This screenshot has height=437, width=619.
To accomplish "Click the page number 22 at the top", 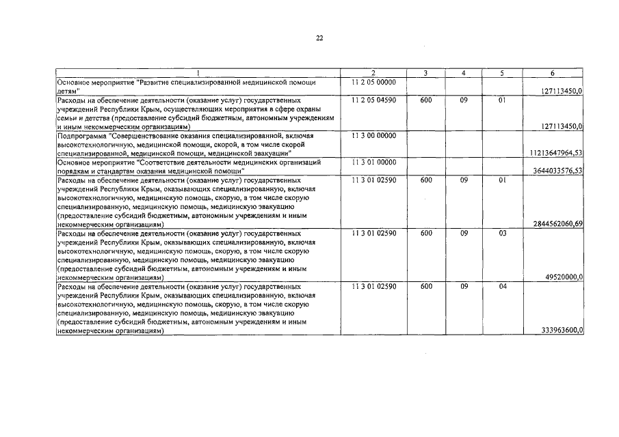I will [x=319, y=38].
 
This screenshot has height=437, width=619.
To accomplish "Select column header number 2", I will [x=373, y=73].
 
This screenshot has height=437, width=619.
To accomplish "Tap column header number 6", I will [x=552, y=73].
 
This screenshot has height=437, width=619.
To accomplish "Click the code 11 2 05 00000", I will [x=373, y=82].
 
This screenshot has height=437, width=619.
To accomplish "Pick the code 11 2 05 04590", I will [x=373, y=100].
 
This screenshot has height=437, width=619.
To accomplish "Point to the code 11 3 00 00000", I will [x=373, y=135].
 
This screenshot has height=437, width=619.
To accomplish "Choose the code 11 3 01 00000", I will [x=373, y=162].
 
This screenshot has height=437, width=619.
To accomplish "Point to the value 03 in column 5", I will [x=502, y=233].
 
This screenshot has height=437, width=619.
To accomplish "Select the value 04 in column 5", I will [x=502, y=286].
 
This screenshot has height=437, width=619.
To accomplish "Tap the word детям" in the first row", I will [x=68, y=91].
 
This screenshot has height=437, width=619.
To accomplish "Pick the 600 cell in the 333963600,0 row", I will [x=426, y=286].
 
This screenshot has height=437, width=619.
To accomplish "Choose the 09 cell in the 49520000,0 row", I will [x=464, y=233].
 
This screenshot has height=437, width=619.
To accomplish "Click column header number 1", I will [x=198, y=73].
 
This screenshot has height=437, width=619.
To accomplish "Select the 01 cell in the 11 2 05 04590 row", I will [x=502, y=100].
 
